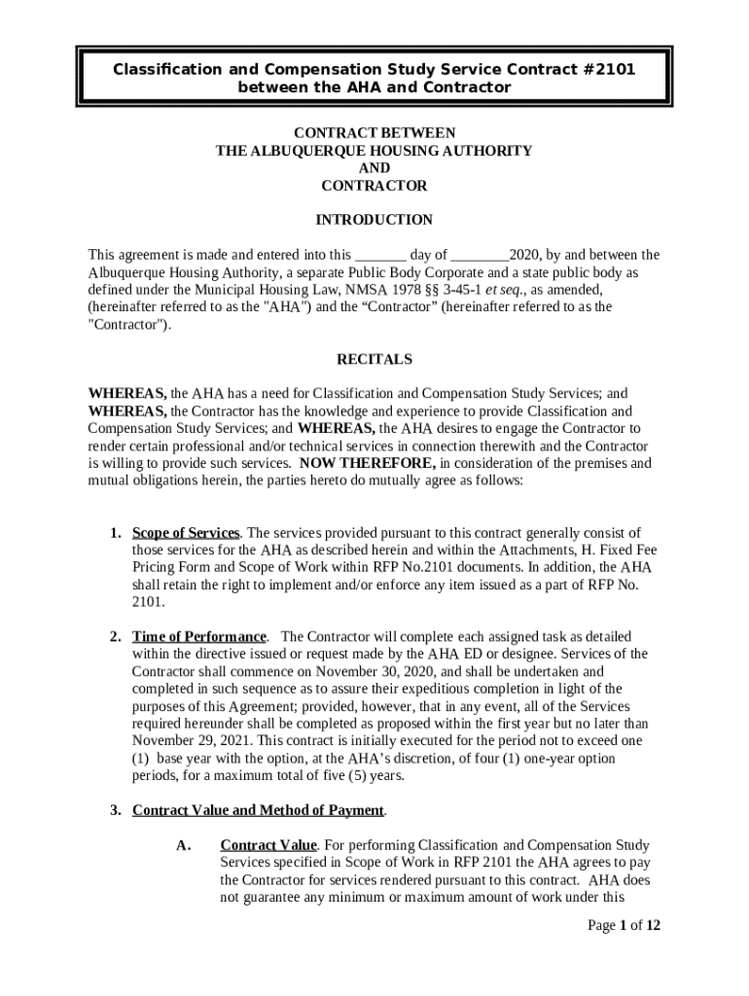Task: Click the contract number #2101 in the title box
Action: [x=604, y=69]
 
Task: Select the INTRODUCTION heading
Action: [x=374, y=220]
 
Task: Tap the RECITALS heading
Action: [x=374, y=359]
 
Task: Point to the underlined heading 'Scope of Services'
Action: [x=186, y=533]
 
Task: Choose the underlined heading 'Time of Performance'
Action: [x=199, y=636]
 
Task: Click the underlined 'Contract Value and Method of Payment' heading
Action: [x=259, y=810]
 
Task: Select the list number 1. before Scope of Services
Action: [x=115, y=533]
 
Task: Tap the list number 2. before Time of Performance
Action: [x=115, y=636]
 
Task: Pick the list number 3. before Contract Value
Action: [x=115, y=810]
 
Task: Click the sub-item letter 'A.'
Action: [x=183, y=845]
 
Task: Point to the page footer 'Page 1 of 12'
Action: [x=624, y=925]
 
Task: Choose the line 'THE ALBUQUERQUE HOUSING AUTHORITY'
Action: [x=374, y=151]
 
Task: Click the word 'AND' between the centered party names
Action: [x=374, y=168]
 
